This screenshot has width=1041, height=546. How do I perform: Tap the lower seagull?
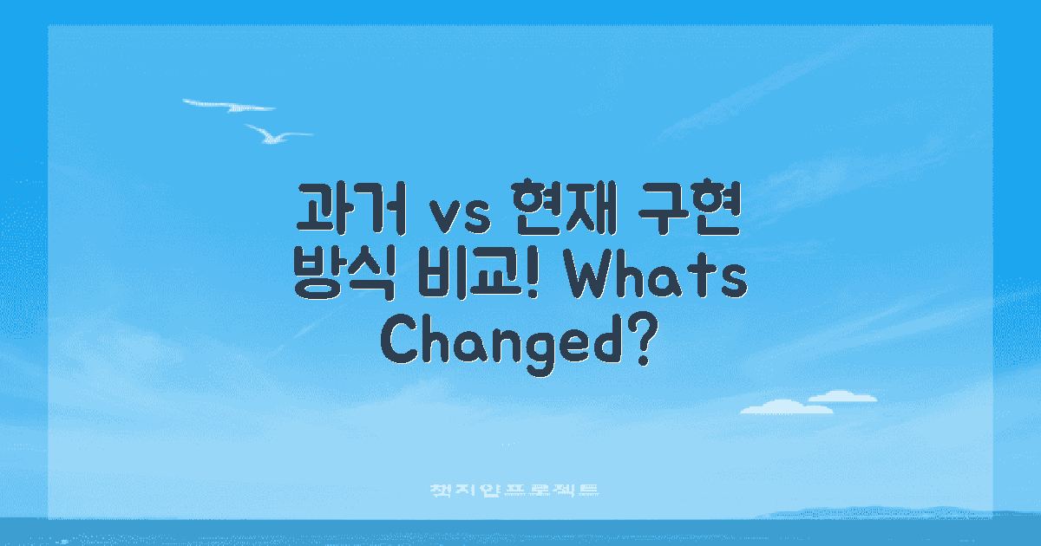(x=277, y=134)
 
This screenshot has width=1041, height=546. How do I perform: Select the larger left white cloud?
(x=774, y=406)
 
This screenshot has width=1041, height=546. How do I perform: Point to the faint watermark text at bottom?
(x=515, y=491)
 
